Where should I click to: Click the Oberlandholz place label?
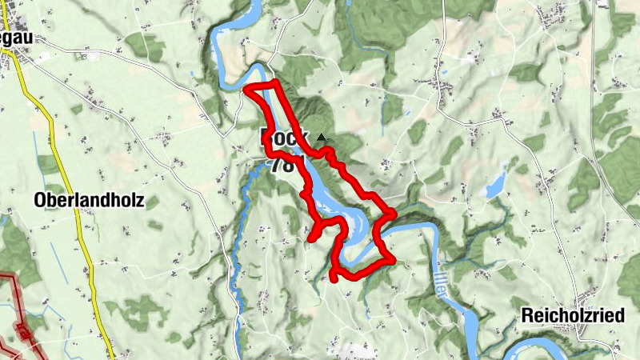[x=90, y=201]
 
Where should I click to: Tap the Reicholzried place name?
[x=572, y=315]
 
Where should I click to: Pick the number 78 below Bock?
[x=282, y=165]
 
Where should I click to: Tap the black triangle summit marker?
[x=322, y=138]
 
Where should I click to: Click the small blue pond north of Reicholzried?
[x=494, y=189]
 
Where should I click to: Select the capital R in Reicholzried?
[x=526, y=315]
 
